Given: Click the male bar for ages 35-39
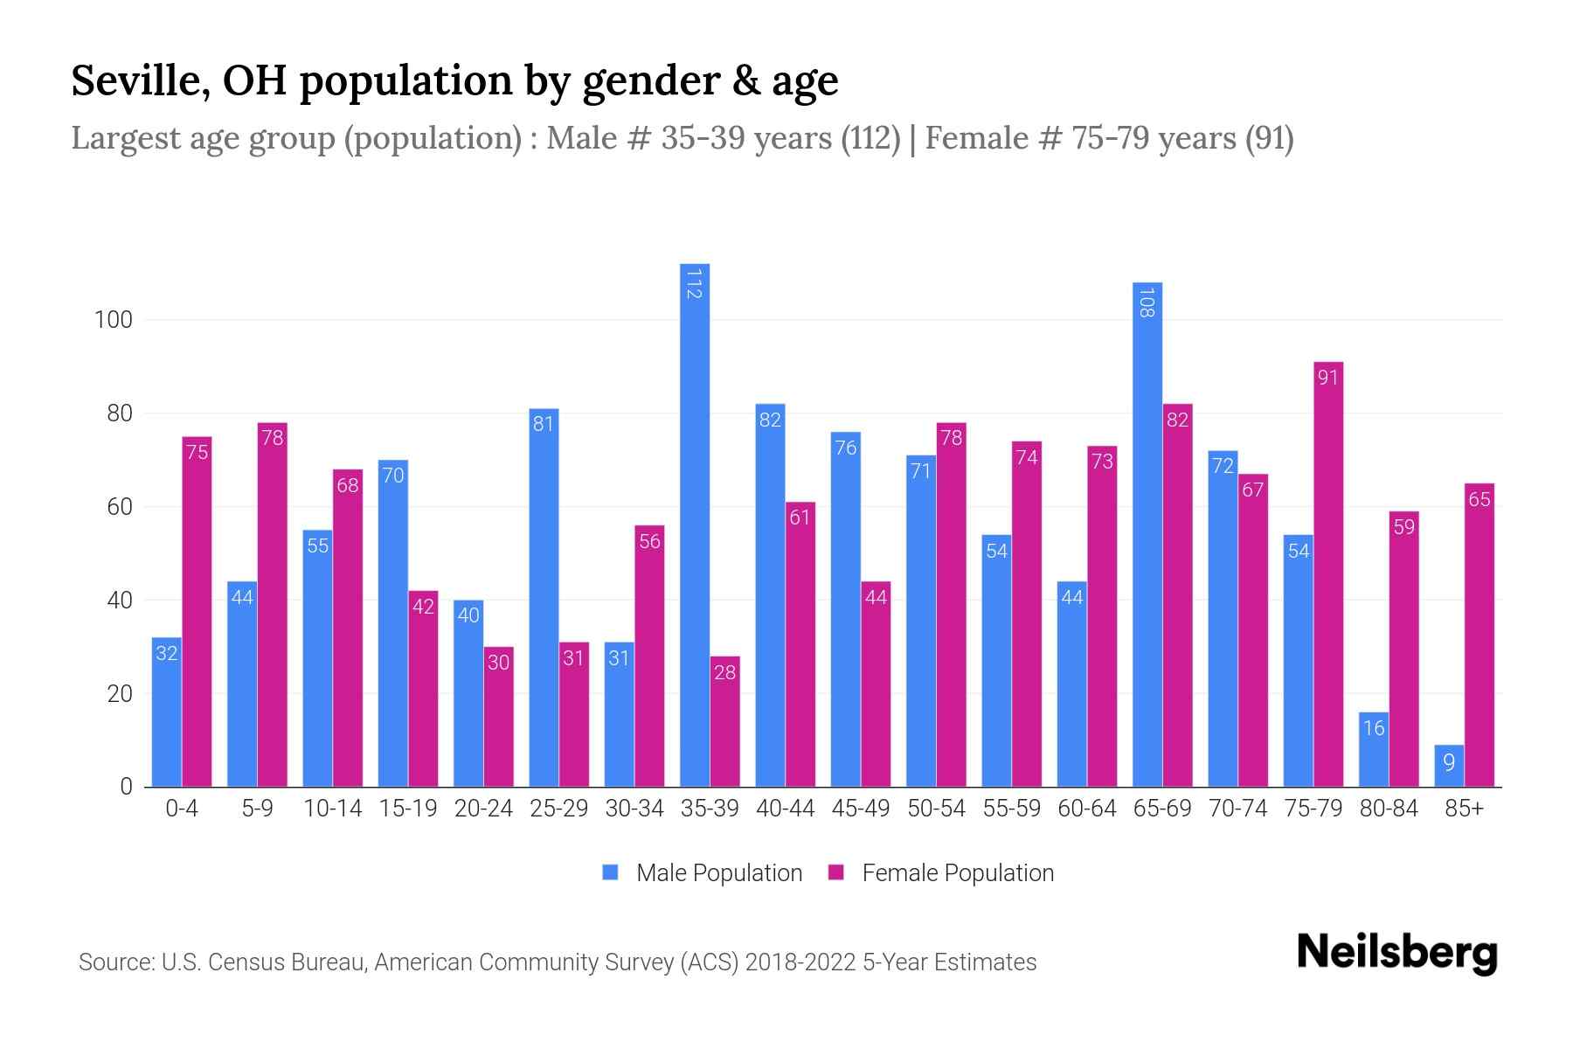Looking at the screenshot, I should pos(695,524).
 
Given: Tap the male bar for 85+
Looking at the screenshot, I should pos(1449,766).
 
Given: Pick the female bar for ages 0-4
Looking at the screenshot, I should pos(197,612).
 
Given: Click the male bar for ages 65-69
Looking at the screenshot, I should pos(1147,534).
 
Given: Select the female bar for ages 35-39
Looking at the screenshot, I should pos(724,721).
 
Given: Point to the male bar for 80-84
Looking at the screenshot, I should pos(1374,749).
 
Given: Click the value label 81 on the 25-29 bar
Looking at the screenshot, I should pos(544,424).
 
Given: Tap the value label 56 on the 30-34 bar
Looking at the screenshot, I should pos(649,541).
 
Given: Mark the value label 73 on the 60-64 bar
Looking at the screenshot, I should pos(1102,461).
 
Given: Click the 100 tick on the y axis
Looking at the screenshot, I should pos(113,320).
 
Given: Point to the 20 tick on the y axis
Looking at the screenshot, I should pos(119,694).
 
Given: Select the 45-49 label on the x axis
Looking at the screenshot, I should pos(861,809).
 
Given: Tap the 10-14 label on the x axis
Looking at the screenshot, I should pos(332,809).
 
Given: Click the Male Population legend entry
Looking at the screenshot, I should pos(717,873).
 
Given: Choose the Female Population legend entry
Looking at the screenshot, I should pos(957,873).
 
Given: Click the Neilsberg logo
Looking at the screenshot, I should pos(1396,953).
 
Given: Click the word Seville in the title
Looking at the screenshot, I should pos(140,80).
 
